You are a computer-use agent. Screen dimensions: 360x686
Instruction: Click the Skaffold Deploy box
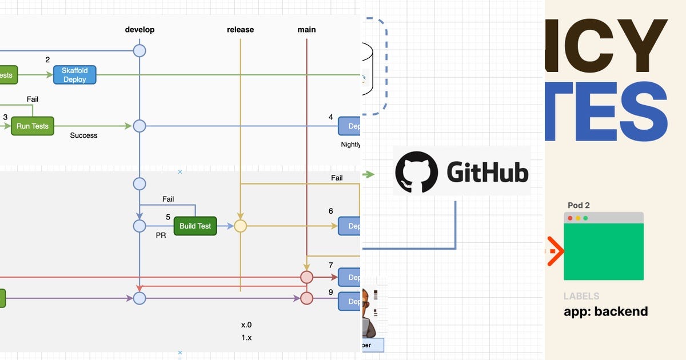(x=74, y=75)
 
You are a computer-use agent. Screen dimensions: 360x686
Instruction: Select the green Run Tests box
(x=33, y=126)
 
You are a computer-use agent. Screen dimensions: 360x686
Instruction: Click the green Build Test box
(x=195, y=226)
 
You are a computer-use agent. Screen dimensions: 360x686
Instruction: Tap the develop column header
(x=139, y=30)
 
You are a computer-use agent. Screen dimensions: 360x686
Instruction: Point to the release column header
(x=240, y=30)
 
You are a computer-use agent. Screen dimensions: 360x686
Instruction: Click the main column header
(x=306, y=30)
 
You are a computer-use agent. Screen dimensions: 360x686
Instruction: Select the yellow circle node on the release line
(x=240, y=226)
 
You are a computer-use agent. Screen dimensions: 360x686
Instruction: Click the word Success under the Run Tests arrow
(x=83, y=135)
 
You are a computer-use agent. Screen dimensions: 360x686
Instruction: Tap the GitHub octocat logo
(x=416, y=172)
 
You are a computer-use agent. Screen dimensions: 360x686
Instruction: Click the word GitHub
(x=487, y=172)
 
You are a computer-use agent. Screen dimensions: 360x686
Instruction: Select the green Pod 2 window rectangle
(x=603, y=251)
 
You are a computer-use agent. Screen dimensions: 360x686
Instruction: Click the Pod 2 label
(x=579, y=206)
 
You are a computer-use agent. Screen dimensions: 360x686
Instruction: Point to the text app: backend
(x=605, y=311)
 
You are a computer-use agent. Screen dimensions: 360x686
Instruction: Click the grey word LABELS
(x=581, y=296)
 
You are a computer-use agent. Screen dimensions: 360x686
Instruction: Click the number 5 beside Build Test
(x=168, y=217)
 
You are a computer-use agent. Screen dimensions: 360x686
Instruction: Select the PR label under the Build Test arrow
(x=161, y=235)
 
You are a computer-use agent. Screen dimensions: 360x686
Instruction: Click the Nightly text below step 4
(x=350, y=145)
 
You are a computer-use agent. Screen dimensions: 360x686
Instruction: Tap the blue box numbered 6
(x=349, y=226)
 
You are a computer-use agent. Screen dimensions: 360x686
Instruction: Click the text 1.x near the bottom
(x=246, y=338)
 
